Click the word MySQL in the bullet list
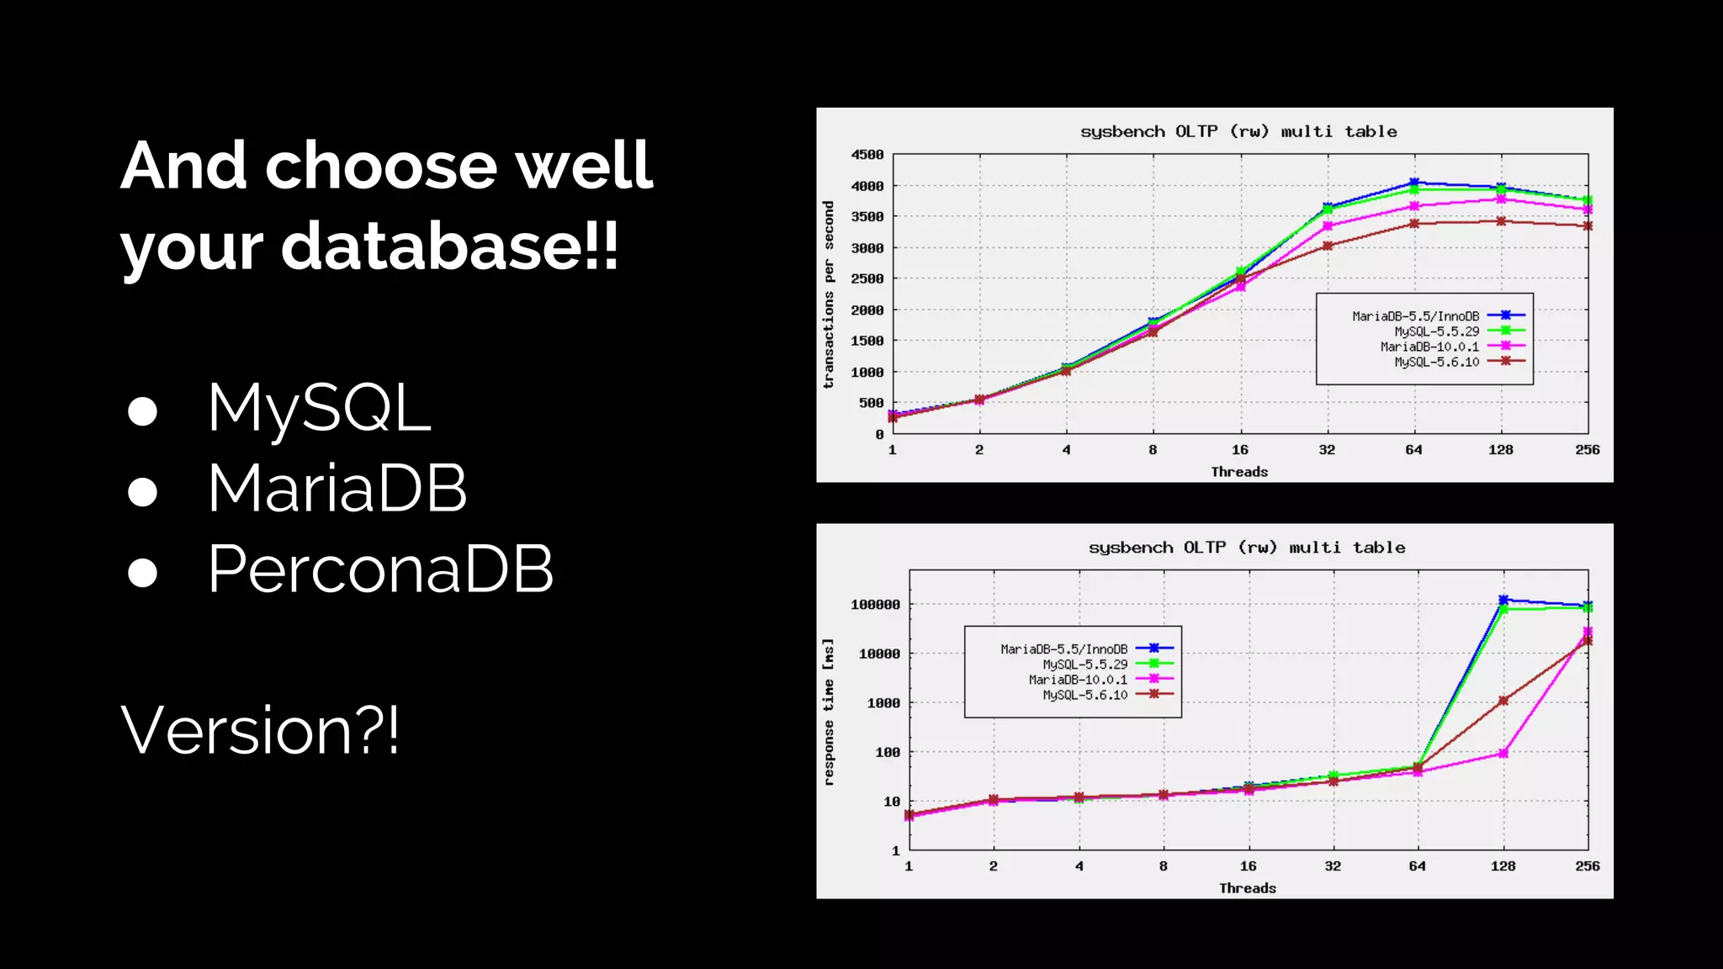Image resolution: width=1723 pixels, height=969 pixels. pyautogui.click(x=320, y=409)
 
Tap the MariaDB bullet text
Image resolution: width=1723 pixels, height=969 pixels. pyautogui.click(x=337, y=489)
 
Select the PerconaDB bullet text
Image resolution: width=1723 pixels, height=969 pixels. pyautogui.click(x=380, y=569)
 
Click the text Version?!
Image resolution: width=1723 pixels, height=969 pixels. pyautogui.click(x=260, y=730)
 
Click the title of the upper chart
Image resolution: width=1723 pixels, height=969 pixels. pyautogui.click(x=1238, y=132)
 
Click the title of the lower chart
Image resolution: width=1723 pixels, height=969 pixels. pyautogui.click(x=1247, y=548)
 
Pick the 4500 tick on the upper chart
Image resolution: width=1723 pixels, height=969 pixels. pyautogui.click(x=867, y=155)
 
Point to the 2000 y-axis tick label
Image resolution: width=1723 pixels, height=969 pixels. pyautogui.click(x=867, y=310)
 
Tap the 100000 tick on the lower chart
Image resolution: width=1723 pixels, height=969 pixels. pyautogui.click(x=875, y=605)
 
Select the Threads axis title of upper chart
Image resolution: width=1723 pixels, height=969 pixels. pyautogui.click(x=1239, y=472)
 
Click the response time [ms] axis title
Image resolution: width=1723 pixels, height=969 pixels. pyautogui.click(x=829, y=712)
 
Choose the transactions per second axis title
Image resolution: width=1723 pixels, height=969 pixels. pyautogui.click(x=829, y=294)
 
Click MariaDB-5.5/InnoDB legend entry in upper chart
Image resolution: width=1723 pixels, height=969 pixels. pyautogui.click(x=1416, y=316)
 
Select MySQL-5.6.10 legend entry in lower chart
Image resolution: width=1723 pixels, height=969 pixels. pyautogui.click(x=1085, y=695)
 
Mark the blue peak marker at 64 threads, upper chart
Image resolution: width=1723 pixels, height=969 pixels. pyautogui.click(x=1414, y=183)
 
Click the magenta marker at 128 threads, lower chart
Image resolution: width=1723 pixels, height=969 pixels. pyautogui.click(x=1503, y=754)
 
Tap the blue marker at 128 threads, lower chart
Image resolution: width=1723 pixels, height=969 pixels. pyautogui.click(x=1503, y=600)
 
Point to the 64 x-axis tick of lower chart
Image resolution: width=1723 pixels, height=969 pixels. pyautogui.click(x=1418, y=866)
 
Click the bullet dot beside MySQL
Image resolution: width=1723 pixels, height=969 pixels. pyautogui.click(x=143, y=411)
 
